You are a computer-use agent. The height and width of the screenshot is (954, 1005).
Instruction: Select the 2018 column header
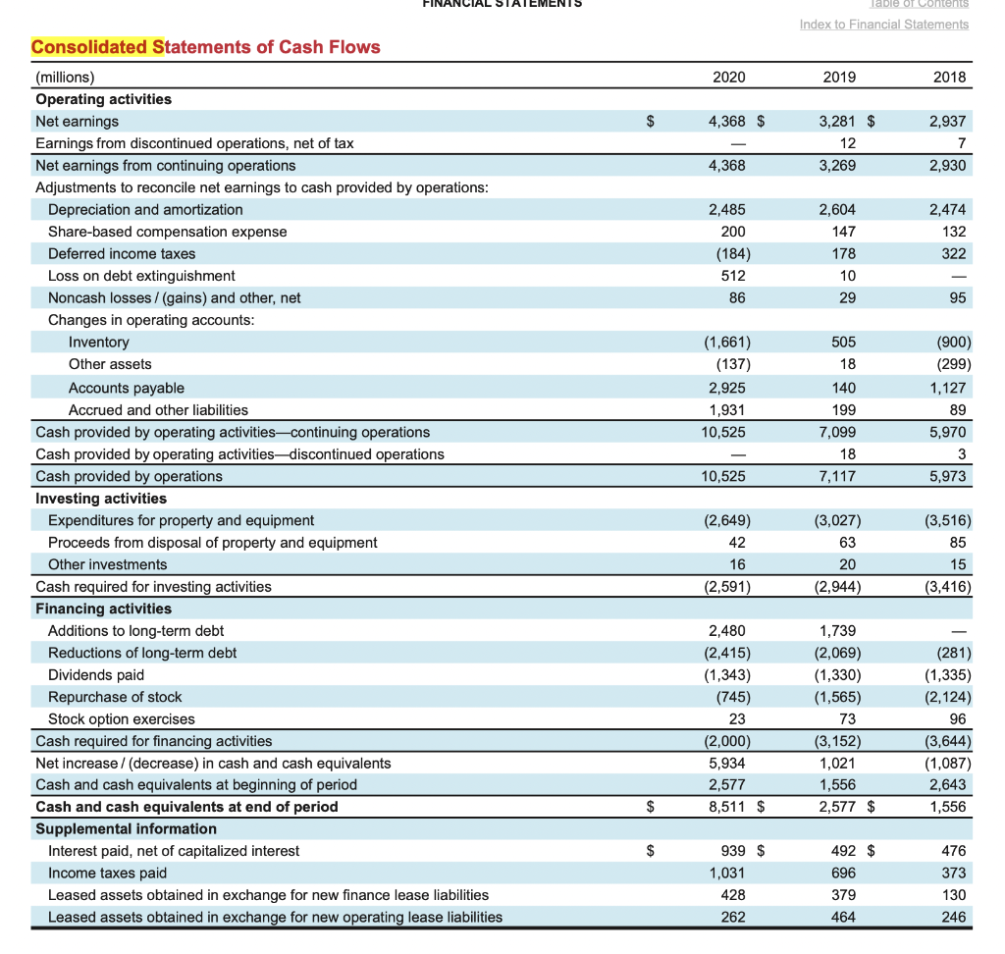(x=949, y=78)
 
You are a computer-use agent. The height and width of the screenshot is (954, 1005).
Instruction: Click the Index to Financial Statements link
(x=884, y=25)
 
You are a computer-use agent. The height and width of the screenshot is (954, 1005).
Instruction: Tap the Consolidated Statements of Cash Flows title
(x=206, y=47)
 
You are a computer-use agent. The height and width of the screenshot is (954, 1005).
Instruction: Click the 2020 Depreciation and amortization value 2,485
(x=726, y=209)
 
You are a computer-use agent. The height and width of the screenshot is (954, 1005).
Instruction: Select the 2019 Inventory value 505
(x=843, y=342)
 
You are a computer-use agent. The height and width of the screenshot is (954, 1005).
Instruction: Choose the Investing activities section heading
(x=101, y=499)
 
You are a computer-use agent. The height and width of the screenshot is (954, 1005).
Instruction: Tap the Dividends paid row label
(x=96, y=674)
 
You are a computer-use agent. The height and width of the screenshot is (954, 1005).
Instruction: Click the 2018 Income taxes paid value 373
(x=952, y=873)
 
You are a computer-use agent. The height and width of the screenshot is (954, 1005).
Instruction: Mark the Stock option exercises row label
(x=122, y=718)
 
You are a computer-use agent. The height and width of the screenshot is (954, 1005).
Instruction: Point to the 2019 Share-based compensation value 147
(x=843, y=232)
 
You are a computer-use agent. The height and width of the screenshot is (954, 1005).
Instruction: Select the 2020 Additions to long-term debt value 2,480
(x=726, y=630)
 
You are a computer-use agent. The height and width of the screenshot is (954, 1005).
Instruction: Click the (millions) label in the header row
(x=65, y=78)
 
